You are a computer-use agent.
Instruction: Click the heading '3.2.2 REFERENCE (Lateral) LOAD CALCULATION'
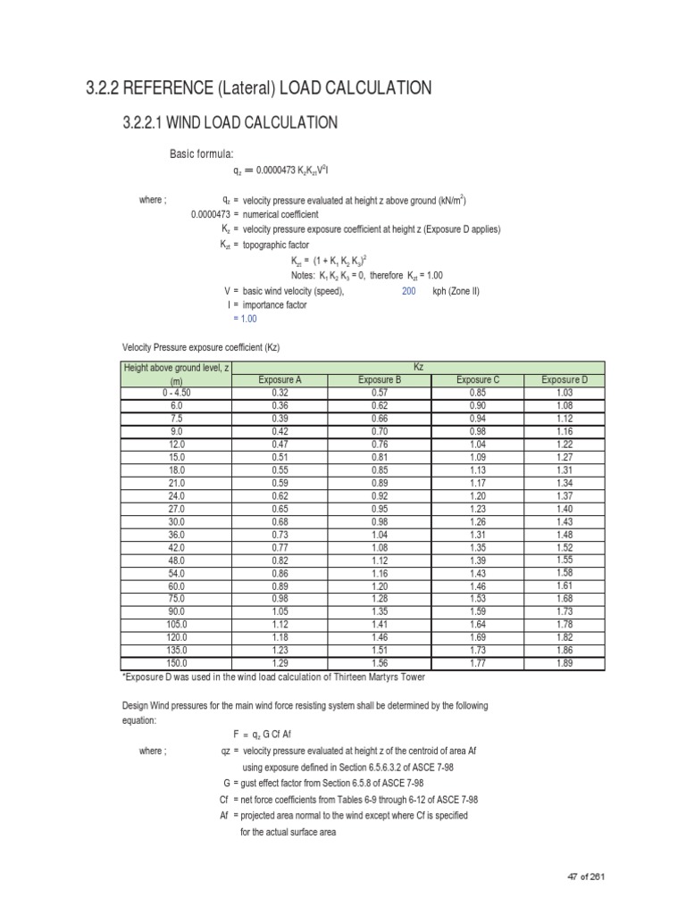point(259,87)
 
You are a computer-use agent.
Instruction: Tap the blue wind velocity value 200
point(409,291)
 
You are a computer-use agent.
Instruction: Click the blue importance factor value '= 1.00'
point(244,319)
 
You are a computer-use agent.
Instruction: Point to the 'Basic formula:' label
point(202,154)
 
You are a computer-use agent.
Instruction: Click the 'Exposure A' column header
point(280,379)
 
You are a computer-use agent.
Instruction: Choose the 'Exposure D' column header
point(565,379)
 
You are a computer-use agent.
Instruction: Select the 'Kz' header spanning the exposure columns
point(419,367)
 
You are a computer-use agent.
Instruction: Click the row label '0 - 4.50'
point(177,392)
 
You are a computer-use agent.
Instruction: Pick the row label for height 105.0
point(177,625)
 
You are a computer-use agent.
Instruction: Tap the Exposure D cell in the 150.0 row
point(565,664)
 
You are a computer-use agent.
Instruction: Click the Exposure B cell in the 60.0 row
point(381,586)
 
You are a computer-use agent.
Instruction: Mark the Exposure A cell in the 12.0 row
point(280,444)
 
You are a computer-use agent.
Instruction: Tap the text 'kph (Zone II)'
point(456,291)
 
